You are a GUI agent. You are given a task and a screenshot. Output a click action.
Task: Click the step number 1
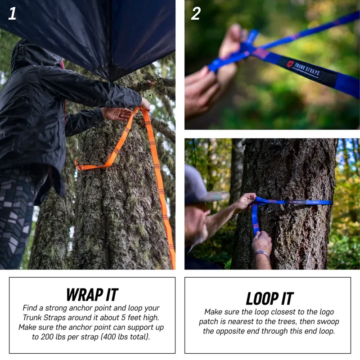pyautogui.click(x=12, y=13)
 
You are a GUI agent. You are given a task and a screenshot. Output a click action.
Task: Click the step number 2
pyautogui.click(x=196, y=13)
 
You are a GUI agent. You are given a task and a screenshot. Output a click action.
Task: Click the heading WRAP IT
pyautogui.click(x=92, y=295)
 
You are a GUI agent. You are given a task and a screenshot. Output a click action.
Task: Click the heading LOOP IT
pyautogui.click(x=269, y=298)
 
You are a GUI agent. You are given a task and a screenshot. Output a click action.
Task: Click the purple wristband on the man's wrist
pyautogui.click(x=262, y=254)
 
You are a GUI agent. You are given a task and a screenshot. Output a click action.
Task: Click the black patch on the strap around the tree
pyautogui.click(x=297, y=202)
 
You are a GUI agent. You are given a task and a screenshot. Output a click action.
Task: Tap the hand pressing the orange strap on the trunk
pyautogui.click(x=116, y=113)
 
